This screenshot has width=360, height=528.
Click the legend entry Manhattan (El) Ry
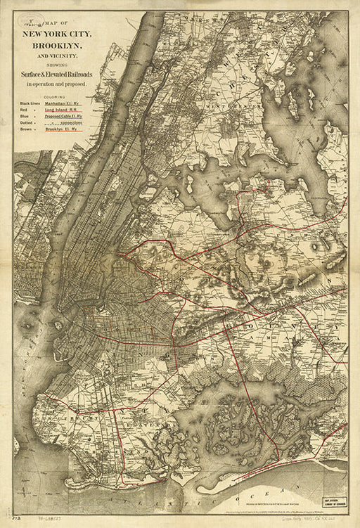(x=63, y=103)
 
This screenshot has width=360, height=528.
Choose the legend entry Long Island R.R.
(x=63, y=112)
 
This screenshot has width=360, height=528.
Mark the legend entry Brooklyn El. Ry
(x=63, y=129)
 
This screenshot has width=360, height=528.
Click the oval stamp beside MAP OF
(x=30, y=23)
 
